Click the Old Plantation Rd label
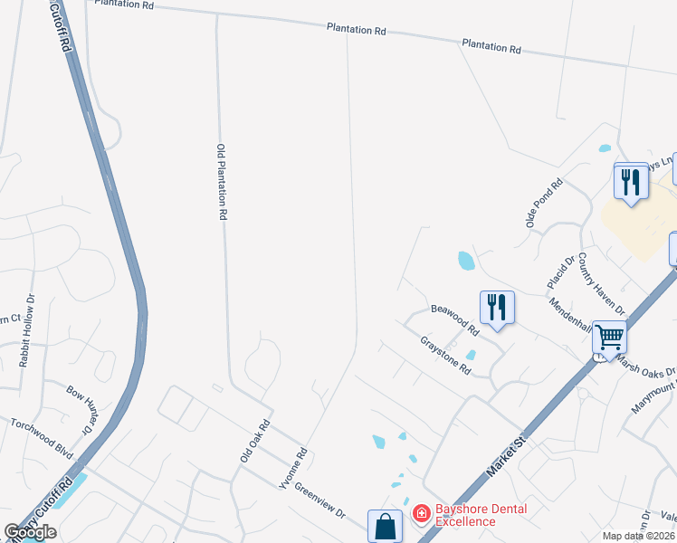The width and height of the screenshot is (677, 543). (221, 183)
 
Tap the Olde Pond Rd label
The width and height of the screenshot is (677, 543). (545, 203)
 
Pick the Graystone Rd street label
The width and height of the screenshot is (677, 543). (446, 356)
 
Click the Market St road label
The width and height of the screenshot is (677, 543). (507, 453)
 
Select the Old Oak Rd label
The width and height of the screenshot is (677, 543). (255, 441)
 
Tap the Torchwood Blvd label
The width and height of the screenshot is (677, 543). (41, 436)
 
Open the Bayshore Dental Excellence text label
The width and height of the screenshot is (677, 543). (479, 515)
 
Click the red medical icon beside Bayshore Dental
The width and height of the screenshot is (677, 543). (421, 514)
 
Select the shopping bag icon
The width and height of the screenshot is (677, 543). (385, 526)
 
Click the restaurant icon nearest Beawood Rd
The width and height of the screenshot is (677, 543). (496, 307)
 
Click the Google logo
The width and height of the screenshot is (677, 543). (31, 531)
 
